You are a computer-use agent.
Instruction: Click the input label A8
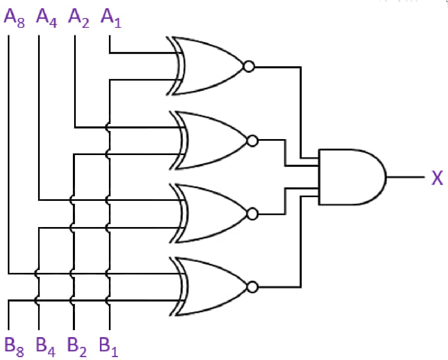tap(14, 18)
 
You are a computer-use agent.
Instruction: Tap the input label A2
tap(79, 18)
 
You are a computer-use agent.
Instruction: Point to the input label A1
tap(111, 18)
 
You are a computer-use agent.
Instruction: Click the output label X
tap(437, 178)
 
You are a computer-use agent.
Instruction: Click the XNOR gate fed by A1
tap(209, 66)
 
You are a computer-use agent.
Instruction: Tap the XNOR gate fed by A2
tap(211, 141)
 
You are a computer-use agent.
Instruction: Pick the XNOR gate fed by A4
tap(211, 213)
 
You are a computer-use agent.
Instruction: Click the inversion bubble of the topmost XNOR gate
tap(248, 66)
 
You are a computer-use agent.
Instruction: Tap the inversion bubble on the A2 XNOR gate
tap(253, 141)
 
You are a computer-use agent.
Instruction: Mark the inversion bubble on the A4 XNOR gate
tap(253, 213)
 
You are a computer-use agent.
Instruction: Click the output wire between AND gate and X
tap(405, 178)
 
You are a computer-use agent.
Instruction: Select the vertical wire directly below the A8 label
tap(8, 155)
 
